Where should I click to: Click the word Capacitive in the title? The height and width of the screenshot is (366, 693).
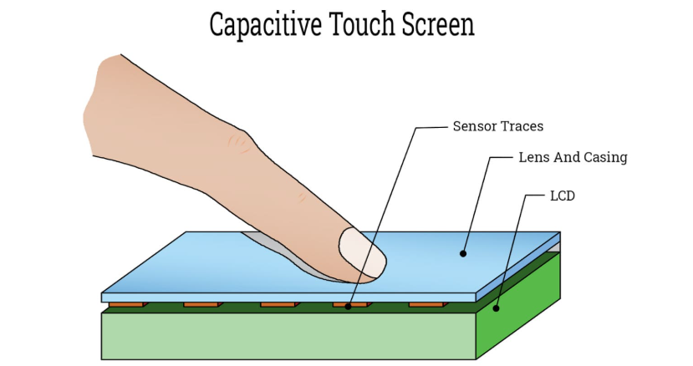tap(265, 25)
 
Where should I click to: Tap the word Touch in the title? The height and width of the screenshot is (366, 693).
tap(362, 24)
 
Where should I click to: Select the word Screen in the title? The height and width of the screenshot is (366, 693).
tap(438, 25)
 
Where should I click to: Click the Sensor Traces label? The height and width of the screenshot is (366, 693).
tap(498, 126)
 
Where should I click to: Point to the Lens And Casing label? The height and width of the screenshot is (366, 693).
tap(573, 157)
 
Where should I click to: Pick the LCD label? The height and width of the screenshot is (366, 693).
tap(563, 196)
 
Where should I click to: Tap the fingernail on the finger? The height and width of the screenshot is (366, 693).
tap(363, 253)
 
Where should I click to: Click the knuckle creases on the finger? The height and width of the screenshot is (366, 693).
tap(238, 145)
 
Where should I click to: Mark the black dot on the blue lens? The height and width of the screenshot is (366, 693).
tap(463, 254)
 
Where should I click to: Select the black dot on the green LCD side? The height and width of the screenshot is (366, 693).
tap(496, 308)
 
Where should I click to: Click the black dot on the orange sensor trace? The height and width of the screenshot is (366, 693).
tap(349, 307)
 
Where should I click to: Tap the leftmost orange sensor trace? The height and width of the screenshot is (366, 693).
tap(128, 304)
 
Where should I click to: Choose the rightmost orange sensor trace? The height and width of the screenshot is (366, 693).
tap(428, 304)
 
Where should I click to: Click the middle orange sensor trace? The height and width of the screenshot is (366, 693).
tap(280, 304)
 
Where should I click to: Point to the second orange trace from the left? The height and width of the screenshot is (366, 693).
tap(203, 304)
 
